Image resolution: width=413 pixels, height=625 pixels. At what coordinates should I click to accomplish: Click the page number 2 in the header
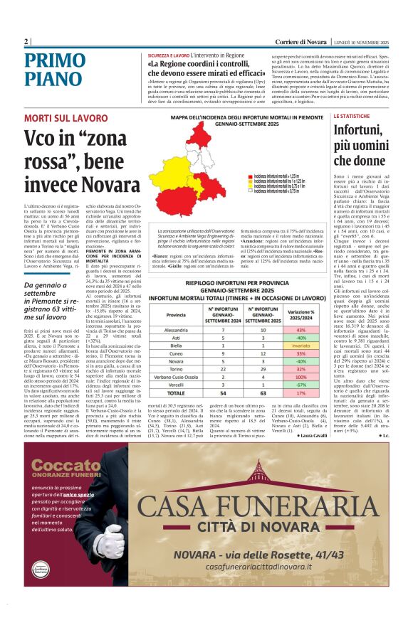coord(26,42)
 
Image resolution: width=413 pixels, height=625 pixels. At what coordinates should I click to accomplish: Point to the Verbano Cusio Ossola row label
coord(176,376)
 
